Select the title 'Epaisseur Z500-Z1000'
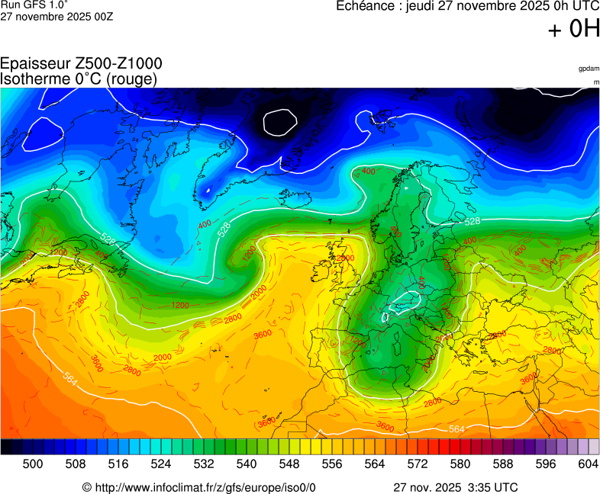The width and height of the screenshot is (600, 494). (81, 64)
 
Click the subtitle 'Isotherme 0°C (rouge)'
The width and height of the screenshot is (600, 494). (79, 79)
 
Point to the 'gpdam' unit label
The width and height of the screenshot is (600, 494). (589, 69)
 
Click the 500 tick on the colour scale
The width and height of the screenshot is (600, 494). (33, 464)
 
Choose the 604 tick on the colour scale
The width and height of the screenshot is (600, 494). (589, 464)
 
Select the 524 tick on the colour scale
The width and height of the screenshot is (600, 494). (161, 464)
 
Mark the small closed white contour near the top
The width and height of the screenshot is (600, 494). (279, 121)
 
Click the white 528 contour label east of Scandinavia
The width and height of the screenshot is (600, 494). (472, 221)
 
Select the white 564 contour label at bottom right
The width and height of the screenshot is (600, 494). (456, 429)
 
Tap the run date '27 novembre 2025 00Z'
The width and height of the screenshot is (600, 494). (56, 17)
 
